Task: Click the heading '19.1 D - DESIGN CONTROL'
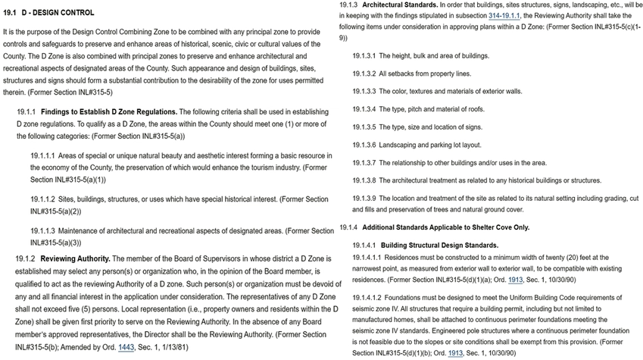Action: pos(49,13)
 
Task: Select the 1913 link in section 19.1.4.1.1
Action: pos(516,278)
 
